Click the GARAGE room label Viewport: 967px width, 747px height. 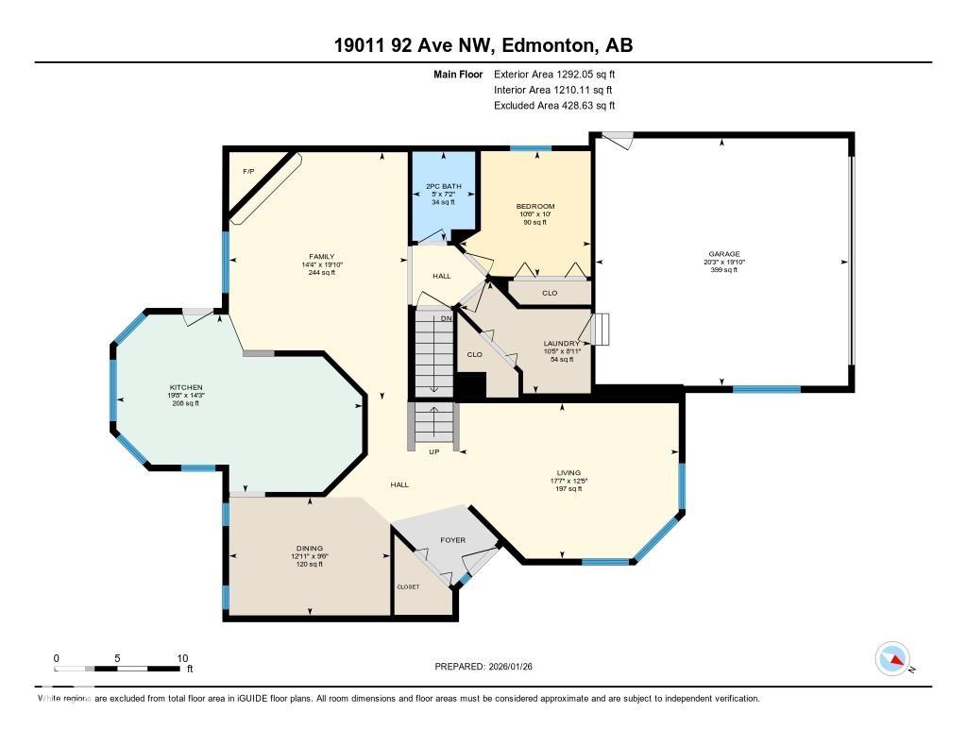724,253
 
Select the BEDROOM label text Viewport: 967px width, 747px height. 534,206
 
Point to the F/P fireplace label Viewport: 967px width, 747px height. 248,171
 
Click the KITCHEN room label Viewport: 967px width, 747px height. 186,387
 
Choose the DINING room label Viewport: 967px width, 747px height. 309,548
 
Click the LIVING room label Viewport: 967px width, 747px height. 568,472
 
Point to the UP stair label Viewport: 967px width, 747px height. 434,451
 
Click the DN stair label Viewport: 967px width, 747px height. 447,318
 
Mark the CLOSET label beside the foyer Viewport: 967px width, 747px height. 408,586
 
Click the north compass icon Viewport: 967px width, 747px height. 892,658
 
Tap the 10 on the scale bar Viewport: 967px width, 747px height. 182,658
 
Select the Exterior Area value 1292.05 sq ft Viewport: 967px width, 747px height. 577,74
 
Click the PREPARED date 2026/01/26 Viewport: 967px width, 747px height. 517,666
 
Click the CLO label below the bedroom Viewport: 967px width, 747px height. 550,293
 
